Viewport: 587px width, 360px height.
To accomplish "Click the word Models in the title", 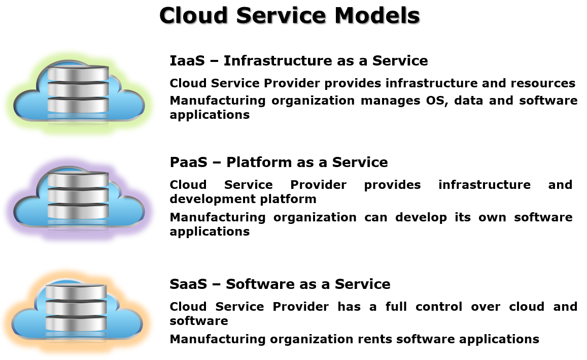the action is coord(377,16).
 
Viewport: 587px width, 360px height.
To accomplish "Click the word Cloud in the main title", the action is coord(193,16).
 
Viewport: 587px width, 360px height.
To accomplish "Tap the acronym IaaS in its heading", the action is coord(187,61).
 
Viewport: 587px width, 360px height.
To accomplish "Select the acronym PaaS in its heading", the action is coord(188,162).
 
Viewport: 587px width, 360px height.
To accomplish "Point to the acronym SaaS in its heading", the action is coord(188,284).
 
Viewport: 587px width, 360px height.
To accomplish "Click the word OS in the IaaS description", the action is coord(437,101).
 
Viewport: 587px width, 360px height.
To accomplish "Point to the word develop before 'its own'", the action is coord(421,217).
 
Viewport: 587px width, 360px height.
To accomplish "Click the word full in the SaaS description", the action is coord(396,306).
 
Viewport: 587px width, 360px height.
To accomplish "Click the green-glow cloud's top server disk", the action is coord(78,73).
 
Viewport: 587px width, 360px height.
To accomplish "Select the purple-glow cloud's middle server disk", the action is coord(78,195).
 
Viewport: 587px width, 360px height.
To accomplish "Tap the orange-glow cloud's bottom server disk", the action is coord(76,323).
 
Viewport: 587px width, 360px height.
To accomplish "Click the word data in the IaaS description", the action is coord(468,101).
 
